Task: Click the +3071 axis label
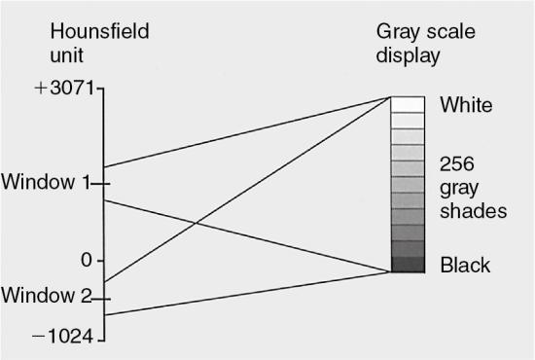pos(64,89)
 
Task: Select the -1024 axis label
pos(63,337)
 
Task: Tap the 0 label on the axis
pos(86,260)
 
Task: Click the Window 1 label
pos(45,182)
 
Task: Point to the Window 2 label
pos(45,296)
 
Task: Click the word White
pos(466,105)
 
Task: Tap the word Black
pos(465,265)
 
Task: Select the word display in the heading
pos(409,55)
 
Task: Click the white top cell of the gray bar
pos(408,104)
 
